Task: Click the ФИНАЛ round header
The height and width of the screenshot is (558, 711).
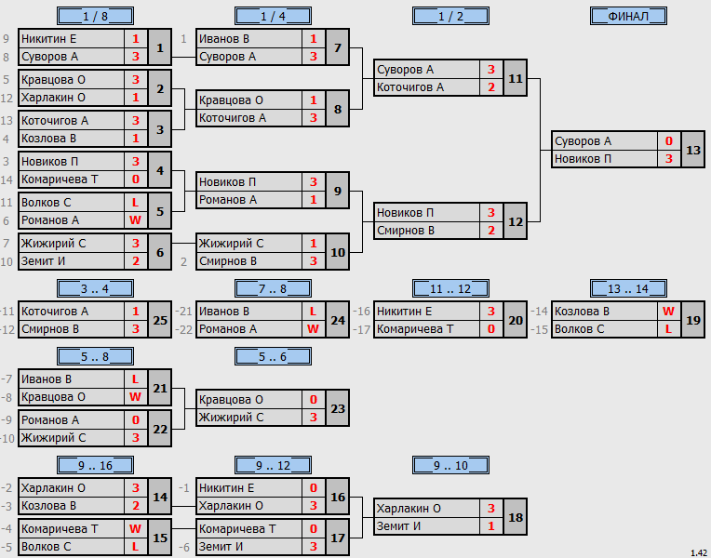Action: [628, 17]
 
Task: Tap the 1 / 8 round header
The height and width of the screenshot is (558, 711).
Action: [95, 17]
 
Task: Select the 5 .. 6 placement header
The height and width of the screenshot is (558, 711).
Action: [273, 357]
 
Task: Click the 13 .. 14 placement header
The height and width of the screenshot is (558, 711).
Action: [628, 288]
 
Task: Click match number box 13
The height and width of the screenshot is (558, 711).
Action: [693, 150]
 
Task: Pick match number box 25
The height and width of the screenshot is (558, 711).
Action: [160, 320]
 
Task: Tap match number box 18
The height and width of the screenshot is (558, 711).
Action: [516, 517]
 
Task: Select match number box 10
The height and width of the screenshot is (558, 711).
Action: [338, 252]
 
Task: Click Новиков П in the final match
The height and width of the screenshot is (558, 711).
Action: [584, 159]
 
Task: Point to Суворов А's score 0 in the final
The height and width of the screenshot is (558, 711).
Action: [669, 141]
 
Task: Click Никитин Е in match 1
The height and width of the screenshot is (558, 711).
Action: [49, 39]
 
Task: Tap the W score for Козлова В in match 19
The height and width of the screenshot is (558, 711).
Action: [668, 312]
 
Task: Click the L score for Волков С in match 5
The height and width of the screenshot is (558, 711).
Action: [135, 203]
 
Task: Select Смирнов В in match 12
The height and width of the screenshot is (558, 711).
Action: [406, 231]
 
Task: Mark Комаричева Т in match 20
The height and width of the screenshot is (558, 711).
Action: [415, 329]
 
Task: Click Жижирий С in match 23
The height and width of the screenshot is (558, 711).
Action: [231, 418]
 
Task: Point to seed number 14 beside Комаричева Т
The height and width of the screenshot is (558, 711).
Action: [7, 179]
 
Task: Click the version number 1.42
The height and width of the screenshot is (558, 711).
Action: [699, 553]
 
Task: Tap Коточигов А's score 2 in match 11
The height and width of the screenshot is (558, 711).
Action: [491, 87]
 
